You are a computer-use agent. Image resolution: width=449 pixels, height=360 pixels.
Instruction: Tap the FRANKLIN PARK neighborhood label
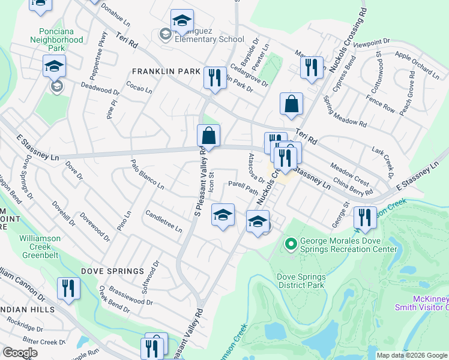tap(166, 71)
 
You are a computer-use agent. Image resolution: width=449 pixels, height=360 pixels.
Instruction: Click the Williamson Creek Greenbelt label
tap(40, 244)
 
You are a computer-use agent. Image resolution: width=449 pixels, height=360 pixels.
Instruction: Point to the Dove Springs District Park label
tap(301, 281)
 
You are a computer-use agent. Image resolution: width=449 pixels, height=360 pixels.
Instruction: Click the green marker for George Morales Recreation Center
tap(291, 244)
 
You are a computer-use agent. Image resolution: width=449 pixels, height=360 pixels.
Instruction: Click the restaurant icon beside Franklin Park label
tap(214, 77)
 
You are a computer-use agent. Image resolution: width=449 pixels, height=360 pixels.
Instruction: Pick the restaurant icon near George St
tap(364, 217)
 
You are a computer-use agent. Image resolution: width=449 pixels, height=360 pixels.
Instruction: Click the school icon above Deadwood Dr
tap(54, 65)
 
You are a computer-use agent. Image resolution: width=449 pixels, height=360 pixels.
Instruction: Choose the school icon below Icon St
tap(222, 214)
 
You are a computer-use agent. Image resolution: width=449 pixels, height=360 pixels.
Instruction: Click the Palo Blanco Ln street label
tap(148, 175)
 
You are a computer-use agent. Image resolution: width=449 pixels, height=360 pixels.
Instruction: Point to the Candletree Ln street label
tap(163, 221)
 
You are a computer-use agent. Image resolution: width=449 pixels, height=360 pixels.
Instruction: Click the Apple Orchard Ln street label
tap(417, 64)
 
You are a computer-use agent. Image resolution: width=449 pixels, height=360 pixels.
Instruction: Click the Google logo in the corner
tap(20, 352)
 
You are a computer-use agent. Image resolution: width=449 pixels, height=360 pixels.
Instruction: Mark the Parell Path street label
tap(243, 187)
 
